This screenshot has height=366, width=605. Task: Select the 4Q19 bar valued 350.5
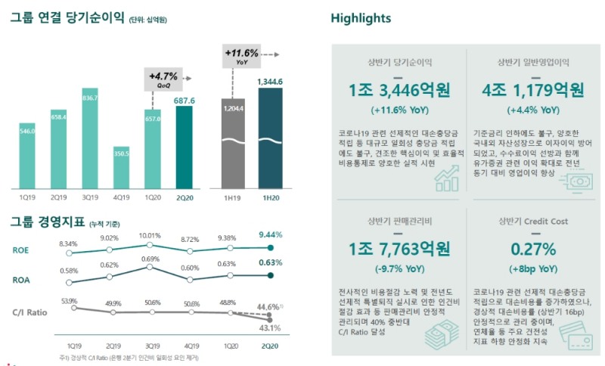click(x=121, y=167)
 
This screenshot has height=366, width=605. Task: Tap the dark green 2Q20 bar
click(x=184, y=147)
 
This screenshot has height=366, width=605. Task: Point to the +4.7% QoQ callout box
click(x=161, y=78)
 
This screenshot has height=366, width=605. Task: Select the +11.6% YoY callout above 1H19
click(x=241, y=55)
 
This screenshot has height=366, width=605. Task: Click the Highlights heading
click(x=361, y=19)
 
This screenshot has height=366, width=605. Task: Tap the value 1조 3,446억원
click(x=399, y=91)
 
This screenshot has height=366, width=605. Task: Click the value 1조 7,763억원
click(x=399, y=250)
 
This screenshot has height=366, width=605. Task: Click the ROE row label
click(x=21, y=250)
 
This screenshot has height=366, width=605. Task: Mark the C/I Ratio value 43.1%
click(x=270, y=327)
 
